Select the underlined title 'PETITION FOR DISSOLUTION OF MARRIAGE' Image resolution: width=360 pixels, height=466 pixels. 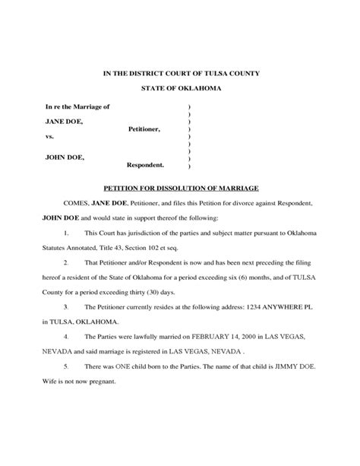click(182, 186)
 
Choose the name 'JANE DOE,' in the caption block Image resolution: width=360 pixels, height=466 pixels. click(64, 122)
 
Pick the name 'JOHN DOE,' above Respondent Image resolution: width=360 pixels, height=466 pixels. click(65, 157)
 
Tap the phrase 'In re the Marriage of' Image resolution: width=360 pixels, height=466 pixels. click(77, 106)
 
